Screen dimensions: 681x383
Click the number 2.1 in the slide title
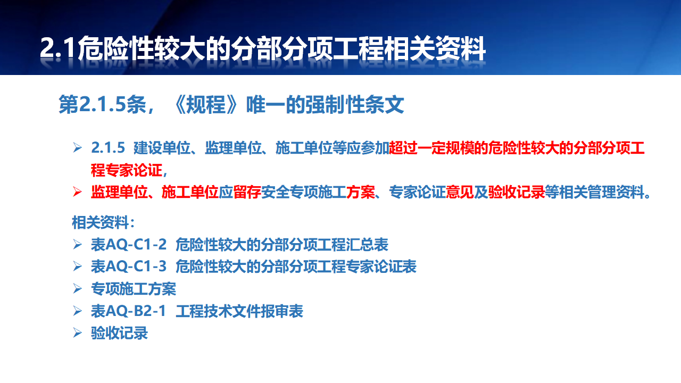point(57,48)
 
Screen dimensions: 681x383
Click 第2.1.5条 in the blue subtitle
point(102,105)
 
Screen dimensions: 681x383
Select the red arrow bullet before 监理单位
point(77,192)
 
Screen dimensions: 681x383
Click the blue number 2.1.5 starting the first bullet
point(108,148)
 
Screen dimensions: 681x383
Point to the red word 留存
point(247,192)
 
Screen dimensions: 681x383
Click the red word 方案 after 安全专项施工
point(361,192)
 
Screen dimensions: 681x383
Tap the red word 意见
point(460,192)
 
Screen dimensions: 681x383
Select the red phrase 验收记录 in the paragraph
point(516,192)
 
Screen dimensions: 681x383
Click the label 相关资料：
point(103,222)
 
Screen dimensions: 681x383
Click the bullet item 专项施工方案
point(134,289)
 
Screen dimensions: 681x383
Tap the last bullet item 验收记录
point(120,333)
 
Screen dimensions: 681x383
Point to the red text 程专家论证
point(127,170)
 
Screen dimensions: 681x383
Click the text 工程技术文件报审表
point(239,311)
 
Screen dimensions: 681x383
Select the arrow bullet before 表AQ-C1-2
point(77,244)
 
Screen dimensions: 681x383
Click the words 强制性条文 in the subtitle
point(354,105)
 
